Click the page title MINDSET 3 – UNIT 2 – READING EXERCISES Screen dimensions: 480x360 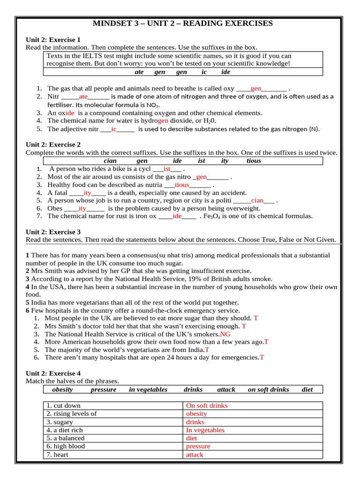(x=182, y=23)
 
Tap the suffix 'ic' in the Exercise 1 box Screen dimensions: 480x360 (x=204, y=72)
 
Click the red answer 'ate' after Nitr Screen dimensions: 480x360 (x=83, y=97)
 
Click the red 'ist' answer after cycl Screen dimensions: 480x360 (x=167, y=169)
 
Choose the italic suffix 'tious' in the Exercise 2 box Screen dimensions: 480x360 (x=254, y=161)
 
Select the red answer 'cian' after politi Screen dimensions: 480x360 (x=257, y=201)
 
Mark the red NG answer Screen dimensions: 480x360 (x=225, y=334)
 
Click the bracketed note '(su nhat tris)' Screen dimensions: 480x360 (x=186, y=255)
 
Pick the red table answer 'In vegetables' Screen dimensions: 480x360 (x=205, y=430)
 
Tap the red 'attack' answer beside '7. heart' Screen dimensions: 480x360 (x=195, y=455)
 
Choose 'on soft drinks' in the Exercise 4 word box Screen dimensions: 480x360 (x=268, y=390)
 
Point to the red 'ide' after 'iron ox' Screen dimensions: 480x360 (x=177, y=217)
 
